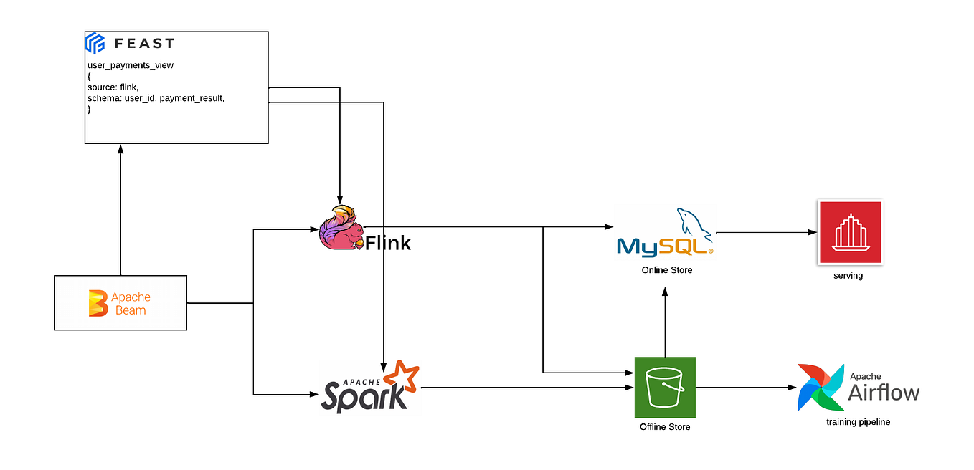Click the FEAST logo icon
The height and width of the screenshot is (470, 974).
click(x=95, y=43)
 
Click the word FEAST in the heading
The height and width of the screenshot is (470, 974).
click(x=144, y=44)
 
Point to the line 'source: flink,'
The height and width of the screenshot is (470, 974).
click(x=118, y=87)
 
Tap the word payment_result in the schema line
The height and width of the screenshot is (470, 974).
click(x=192, y=98)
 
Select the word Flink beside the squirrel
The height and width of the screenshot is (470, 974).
click(x=388, y=244)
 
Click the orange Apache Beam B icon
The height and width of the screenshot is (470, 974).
click(x=97, y=303)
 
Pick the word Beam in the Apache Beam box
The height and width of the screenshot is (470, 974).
click(x=131, y=310)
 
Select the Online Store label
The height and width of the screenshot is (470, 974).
click(x=667, y=270)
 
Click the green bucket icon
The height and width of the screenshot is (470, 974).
click(x=665, y=387)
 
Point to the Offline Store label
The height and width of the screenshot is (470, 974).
click(x=665, y=427)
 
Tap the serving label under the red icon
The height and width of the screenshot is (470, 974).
click(x=848, y=275)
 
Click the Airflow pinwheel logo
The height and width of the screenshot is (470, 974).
click(x=821, y=387)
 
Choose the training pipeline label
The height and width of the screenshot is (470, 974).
click(x=858, y=422)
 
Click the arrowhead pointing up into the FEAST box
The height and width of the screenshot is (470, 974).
click(x=120, y=148)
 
